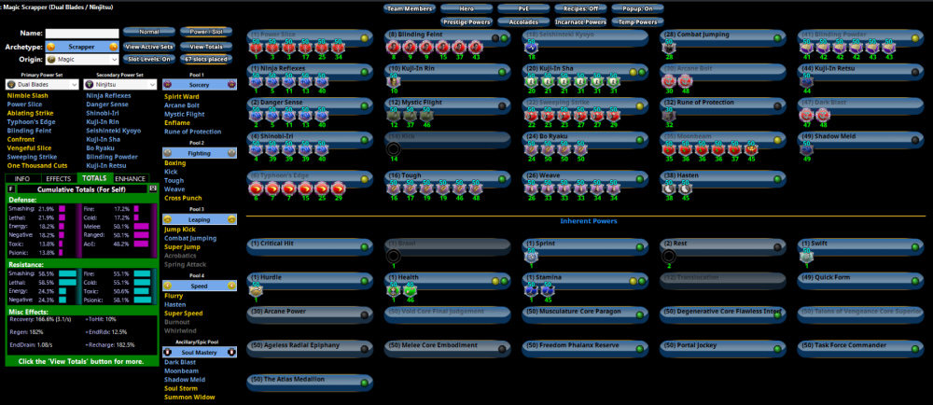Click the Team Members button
411,7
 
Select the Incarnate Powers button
580,21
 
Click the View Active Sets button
147,46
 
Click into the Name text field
82,34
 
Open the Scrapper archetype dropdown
82,46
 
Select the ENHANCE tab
131,178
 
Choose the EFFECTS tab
58,178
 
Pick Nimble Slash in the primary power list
27,95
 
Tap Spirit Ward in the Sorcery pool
182,96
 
